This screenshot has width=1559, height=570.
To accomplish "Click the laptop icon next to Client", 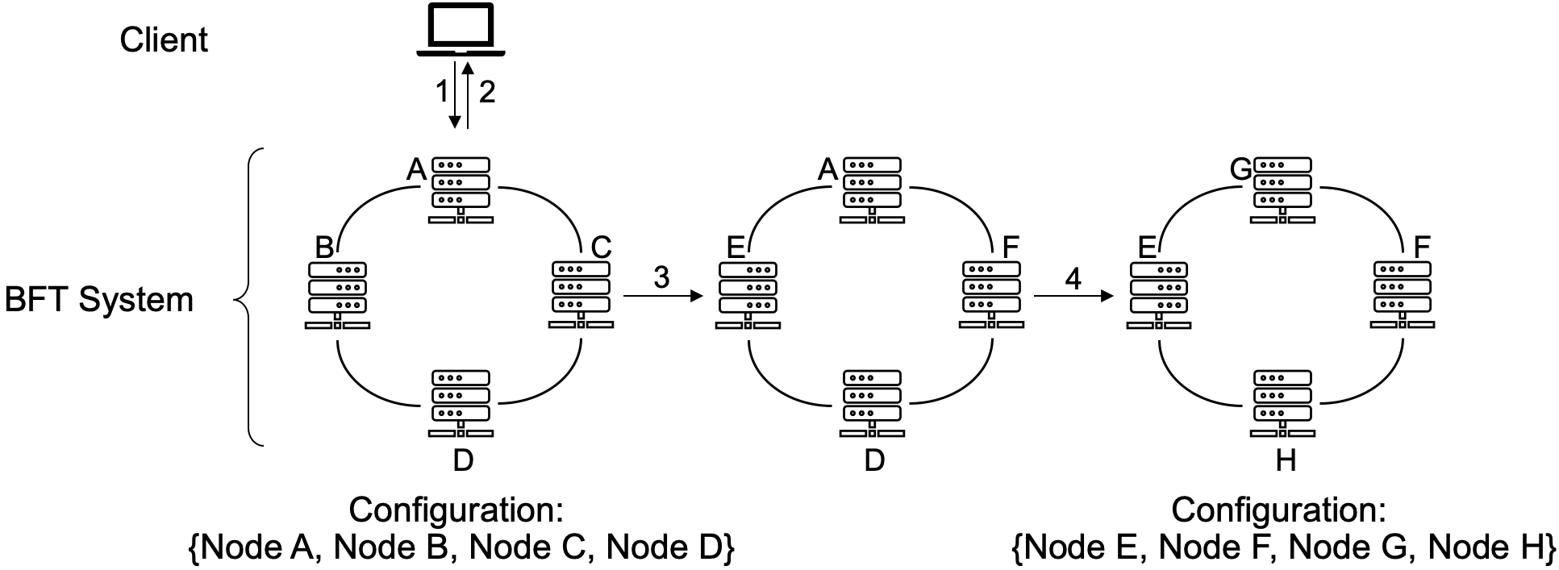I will (x=461, y=31).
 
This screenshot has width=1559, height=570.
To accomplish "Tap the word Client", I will (x=164, y=40).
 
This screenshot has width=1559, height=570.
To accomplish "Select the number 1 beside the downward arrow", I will (x=441, y=93).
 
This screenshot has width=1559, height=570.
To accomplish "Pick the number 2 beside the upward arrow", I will (x=486, y=93).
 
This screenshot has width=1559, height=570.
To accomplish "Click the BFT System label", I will (x=99, y=300).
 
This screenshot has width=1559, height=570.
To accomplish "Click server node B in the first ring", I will (x=337, y=295).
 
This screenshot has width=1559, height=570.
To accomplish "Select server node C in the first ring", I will (x=581, y=293).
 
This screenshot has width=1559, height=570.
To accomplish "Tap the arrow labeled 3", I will (x=661, y=296).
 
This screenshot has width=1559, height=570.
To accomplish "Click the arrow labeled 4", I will (x=1073, y=296).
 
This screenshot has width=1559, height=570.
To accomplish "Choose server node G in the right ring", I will (x=1282, y=190).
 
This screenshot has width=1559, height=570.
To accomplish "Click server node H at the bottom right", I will (x=1282, y=403).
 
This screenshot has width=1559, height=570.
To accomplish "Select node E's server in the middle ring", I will (x=748, y=295).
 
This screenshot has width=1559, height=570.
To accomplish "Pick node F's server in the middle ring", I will (x=991, y=293).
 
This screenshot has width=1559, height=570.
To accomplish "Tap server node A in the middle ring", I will (x=871, y=190).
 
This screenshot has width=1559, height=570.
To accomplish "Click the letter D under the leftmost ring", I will (x=463, y=460).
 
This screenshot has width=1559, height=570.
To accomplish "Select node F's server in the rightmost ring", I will (x=1402, y=293).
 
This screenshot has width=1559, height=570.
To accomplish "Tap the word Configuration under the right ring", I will (x=1278, y=510).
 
